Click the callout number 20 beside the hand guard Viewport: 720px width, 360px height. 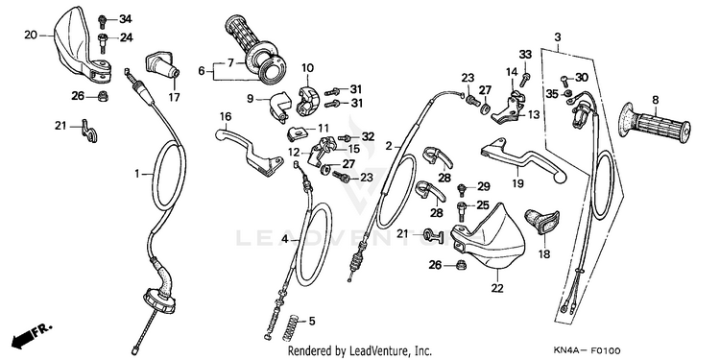click(31, 35)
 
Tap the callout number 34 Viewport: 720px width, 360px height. click(126, 19)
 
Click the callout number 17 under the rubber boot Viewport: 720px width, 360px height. click(174, 97)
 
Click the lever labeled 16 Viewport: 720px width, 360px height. click(248, 153)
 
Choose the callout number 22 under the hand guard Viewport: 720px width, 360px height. click(497, 288)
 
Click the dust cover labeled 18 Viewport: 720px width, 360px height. click(541, 221)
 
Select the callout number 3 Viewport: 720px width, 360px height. click(558, 36)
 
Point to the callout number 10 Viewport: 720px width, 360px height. click(307, 68)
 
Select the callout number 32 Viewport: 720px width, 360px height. click(368, 136)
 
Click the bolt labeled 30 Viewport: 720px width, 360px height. click(564, 80)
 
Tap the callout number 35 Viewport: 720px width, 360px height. click(552, 94)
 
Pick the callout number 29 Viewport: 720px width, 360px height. click(484, 186)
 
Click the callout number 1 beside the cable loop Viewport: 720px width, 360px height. click(136, 174)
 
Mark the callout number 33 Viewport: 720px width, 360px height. click(525, 54)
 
